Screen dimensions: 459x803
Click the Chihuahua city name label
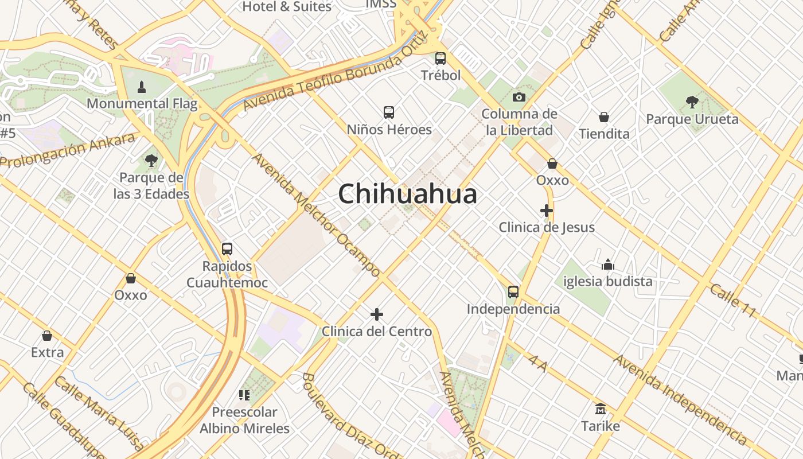pos(407,194)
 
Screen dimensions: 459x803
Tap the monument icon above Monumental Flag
pos(142,87)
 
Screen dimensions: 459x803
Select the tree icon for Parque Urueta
pos(692,102)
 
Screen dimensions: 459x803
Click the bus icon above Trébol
pos(441,59)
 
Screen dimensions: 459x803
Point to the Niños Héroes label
pos(389,130)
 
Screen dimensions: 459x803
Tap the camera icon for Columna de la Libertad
pos(519,97)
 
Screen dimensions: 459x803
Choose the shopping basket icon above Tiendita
pos(604,117)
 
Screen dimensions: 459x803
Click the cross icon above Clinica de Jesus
pos(547,211)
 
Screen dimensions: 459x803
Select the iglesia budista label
pos(608,281)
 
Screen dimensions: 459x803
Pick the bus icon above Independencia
pos(513,292)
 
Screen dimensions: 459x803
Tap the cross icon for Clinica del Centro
pos(377,314)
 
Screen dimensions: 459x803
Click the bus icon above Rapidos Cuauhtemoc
pos(227,249)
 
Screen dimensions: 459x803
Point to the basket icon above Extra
pos(47,336)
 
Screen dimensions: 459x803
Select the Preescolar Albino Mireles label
pos(244,420)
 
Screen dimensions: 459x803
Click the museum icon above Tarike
pos(601,409)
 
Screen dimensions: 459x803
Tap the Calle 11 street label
pos(733,300)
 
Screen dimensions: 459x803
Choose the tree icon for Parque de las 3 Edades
pos(151,161)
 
